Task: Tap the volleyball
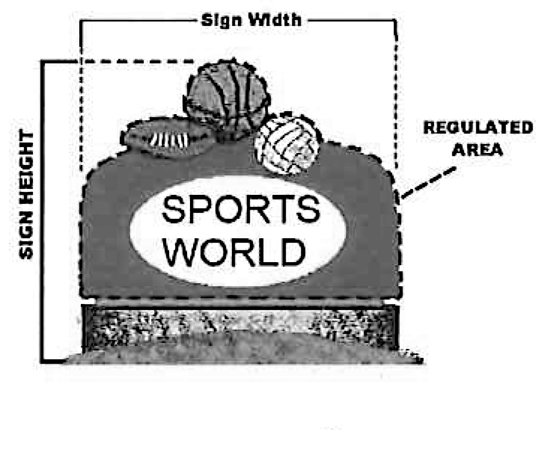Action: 287,145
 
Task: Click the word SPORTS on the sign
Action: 240,210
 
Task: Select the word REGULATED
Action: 478,128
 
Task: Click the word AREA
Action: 478,150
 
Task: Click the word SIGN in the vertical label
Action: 26,240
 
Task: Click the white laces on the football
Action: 170,140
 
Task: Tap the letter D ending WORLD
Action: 292,252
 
